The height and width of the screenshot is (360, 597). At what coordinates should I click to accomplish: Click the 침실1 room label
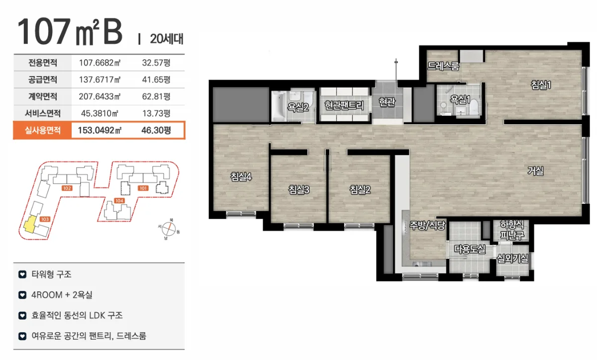(541, 85)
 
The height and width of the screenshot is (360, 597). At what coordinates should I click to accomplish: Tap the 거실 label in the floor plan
(535, 171)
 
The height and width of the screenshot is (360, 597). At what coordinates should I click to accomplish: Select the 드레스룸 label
(443, 66)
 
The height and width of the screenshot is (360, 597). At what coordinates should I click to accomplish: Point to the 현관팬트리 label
(344, 105)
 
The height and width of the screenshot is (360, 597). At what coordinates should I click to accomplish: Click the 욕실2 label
(298, 107)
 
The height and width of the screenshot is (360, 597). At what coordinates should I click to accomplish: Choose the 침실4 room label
(241, 177)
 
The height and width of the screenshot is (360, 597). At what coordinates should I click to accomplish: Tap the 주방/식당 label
(427, 226)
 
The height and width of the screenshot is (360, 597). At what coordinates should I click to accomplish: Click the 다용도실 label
(470, 249)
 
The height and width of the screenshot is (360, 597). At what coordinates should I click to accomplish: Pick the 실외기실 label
(512, 258)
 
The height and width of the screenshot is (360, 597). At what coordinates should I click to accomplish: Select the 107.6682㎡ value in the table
(99, 63)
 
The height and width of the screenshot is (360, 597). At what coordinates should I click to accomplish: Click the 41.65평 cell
(156, 80)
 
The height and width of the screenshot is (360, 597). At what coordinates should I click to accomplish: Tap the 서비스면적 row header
(43, 113)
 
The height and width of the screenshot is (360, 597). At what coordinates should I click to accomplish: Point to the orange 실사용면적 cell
(42, 130)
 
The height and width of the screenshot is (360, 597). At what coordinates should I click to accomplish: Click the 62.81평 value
(156, 96)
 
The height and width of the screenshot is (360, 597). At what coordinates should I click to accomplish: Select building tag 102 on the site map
(67, 188)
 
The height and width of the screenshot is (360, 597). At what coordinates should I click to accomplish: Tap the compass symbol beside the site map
(169, 229)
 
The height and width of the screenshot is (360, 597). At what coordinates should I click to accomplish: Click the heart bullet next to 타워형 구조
(22, 274)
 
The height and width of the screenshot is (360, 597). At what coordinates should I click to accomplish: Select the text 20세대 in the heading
(167, 39)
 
